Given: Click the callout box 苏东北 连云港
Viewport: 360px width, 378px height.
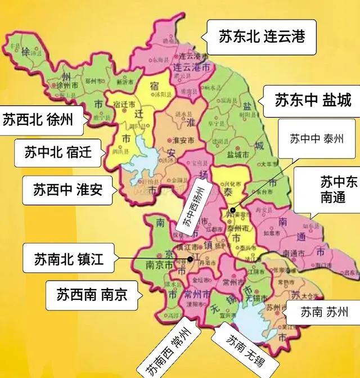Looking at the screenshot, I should pos(262,37).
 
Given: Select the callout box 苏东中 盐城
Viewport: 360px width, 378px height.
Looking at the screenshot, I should pos(313,101).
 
